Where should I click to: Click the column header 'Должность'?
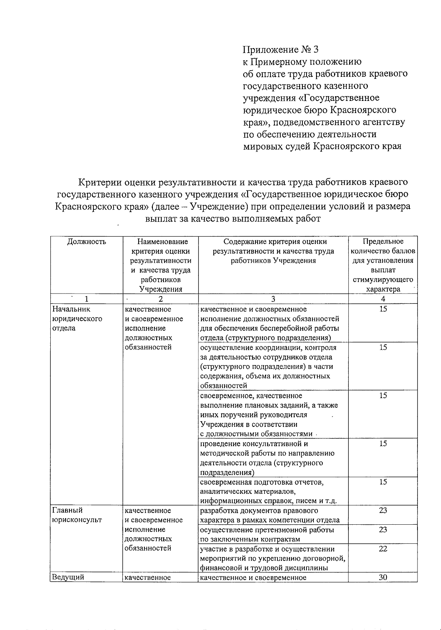pos(87,241)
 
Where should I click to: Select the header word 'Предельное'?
pos(383,241)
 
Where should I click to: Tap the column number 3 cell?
pos(273,299)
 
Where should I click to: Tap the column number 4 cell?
pos(383,299)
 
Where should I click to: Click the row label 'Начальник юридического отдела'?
pos(78,318)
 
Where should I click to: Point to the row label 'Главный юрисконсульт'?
pos(77,515)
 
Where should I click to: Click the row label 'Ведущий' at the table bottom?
pos(68,577)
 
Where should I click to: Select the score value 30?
pos(383,577)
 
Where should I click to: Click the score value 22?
pos(383,549)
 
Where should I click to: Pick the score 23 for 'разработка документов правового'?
pos(383,510)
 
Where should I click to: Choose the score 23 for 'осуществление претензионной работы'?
pos(383,529)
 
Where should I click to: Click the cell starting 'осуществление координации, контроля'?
pos(268,366)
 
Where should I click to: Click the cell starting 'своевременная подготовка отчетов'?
pos(268,491)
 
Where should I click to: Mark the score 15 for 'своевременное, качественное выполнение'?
pos(383,396)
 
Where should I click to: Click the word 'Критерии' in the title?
pos(100,182)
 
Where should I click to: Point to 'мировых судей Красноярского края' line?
pos(322,146)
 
